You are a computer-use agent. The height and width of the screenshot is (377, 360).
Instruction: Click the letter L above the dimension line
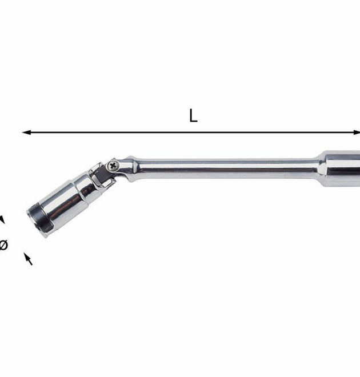pos(193,115)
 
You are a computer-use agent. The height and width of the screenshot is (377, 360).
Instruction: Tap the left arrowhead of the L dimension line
pos(26,133)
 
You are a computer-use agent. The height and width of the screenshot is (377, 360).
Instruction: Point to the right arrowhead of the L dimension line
pos(357,133)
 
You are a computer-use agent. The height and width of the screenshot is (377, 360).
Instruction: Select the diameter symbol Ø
pos(3,245)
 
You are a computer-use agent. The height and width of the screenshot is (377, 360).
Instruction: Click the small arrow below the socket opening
pos(28,259)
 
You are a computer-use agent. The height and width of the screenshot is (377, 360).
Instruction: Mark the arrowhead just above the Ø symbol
pos(2,219)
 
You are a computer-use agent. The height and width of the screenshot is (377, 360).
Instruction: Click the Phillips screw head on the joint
pos(113,166)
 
